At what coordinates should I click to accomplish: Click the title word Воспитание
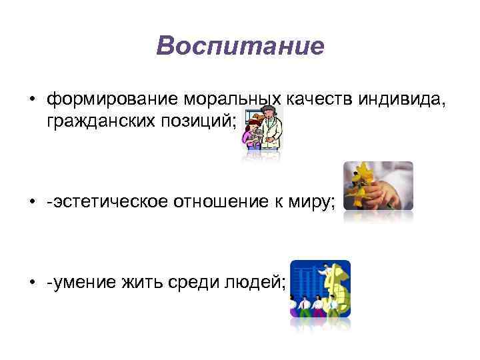[240, 46]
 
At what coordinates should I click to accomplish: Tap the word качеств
[317, 99]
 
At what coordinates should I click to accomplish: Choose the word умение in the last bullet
[81, 285]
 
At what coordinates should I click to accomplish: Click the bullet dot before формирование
[31, 100]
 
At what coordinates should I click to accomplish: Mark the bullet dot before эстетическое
[31, 201]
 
